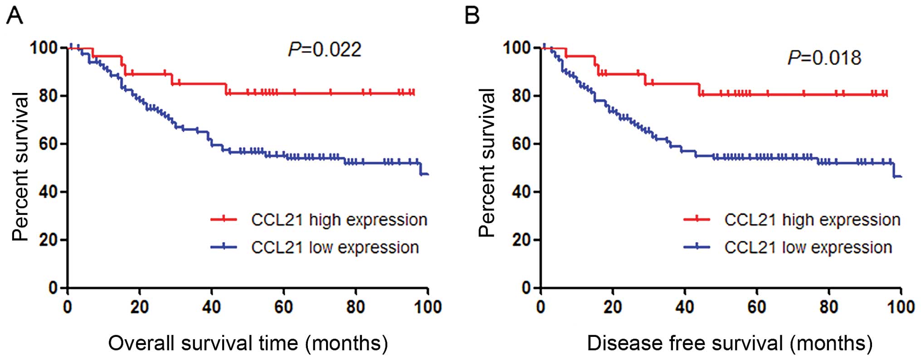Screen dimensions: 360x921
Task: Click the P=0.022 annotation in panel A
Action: [x=325, y=49]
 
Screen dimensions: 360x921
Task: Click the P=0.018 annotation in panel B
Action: [x=824, y=58]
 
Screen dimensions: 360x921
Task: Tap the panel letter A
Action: [x=15, y=16]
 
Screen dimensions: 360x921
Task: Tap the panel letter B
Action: [x=472, y=16]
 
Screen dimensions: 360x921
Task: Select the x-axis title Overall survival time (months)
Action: [x=248, y=343]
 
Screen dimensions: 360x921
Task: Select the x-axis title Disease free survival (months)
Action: [x=730, y=343]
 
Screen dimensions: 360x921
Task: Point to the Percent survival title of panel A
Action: [x=20, y=166]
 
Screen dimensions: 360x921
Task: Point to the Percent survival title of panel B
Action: [x=487, y=163]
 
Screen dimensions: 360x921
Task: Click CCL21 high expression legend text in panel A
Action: [x=339, y=220]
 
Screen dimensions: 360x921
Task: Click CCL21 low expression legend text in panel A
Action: [x=335, y=248]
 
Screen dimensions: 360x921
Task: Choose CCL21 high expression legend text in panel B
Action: [x=812, y=220]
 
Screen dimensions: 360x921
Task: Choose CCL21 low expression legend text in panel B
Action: [x=808, y=248]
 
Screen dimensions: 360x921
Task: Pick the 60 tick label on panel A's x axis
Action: [x=283, y=307]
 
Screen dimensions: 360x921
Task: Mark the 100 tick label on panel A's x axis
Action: [x=427, y=307]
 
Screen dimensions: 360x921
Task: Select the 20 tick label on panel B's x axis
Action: [x=612, y=307]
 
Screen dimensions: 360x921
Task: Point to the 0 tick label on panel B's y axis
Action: [x=526, y=288]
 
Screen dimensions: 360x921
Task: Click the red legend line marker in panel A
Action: [x=224, y=220]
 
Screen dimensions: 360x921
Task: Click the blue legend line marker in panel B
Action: [x=697, y=247]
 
